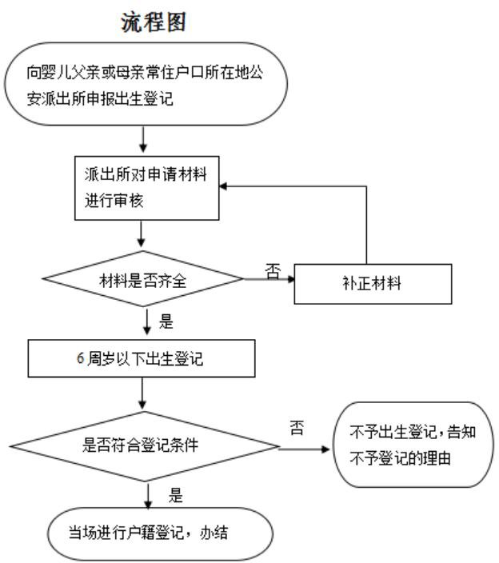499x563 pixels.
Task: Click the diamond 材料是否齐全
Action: click(x=142, y=279)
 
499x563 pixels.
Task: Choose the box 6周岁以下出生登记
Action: click(x=142, y=359)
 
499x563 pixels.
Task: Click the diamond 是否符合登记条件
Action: click(x=142, y=445)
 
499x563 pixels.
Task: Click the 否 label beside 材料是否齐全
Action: click(x=273, y=272)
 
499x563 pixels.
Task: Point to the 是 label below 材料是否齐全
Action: click(x=167, y=324)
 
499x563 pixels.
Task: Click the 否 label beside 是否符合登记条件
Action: click(x=297, y=430)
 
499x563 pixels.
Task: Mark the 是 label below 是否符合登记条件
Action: click(x=177, y=496)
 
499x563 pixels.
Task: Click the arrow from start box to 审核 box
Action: click(x=142, y=140)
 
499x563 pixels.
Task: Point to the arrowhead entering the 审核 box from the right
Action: click(x=226, y=186)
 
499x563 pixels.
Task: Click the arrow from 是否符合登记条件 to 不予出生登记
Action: click(x=304, y=448)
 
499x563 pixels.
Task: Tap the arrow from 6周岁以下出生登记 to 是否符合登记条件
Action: click(x=142, y=393)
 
